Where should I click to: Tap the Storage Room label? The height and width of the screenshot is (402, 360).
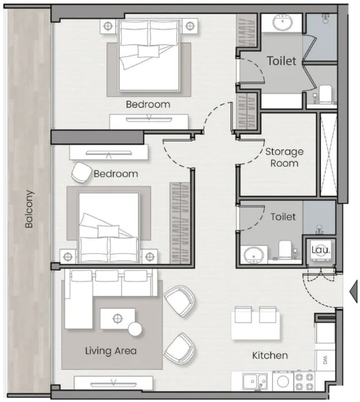[284, 157]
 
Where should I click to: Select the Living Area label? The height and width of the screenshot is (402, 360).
[111, 350]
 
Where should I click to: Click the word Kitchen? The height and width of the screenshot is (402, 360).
[269, 355]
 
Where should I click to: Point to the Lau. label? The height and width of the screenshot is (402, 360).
[318, 250]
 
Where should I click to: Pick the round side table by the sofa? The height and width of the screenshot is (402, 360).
[136, 329]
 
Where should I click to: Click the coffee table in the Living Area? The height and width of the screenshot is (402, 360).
[117, 318]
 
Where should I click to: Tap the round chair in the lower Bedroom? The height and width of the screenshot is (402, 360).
[82, 173]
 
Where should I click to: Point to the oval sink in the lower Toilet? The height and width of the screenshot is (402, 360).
[253, 254]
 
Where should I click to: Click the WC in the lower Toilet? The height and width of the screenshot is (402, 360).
[285, 249]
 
